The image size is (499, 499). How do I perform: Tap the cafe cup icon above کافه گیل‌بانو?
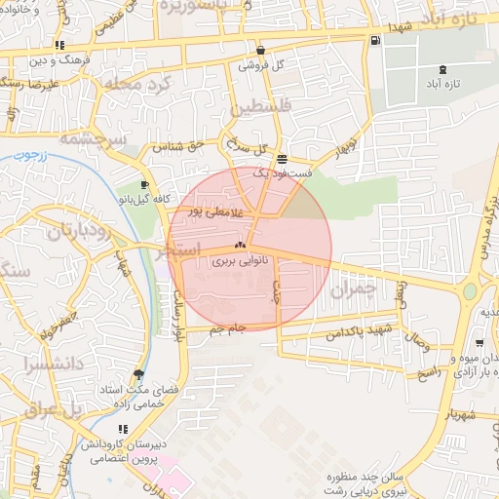pos(144,185)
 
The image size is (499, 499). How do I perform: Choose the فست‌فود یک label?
pos(283,173)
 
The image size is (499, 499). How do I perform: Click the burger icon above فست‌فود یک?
pos(282,159)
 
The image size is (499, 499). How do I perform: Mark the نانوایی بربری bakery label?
pos(240,261)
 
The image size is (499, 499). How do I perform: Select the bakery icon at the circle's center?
pos(240,246)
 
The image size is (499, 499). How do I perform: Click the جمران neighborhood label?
pos(352,289)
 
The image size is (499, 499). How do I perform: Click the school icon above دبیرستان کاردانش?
pos(122,429)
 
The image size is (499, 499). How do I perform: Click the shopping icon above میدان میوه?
pos(480,343)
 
